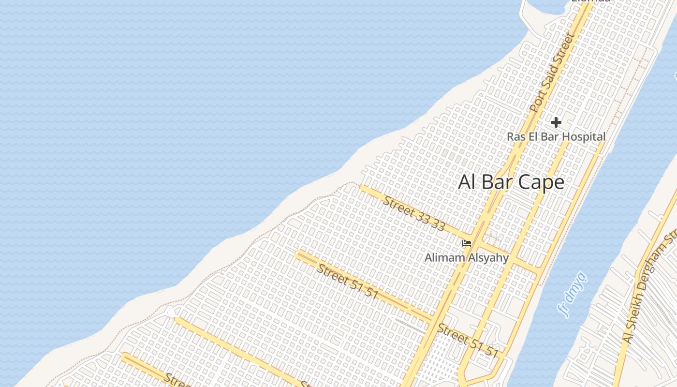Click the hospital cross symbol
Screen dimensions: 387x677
pyautogui.click(x=556, y=122)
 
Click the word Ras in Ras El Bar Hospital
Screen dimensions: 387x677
pyautogui.click(x=515, y=137)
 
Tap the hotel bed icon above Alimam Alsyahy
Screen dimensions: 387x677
pyautogui.click(x=467, y=243)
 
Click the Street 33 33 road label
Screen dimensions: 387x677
pyautogui.click(x=414, y=213)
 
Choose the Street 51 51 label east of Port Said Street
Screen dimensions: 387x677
pyautogui.click(x=468, y=341)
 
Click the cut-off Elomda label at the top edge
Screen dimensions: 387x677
pyautogui.click(x=591, y=1)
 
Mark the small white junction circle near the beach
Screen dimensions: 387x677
pyautogui.click(x=171, y=313)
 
